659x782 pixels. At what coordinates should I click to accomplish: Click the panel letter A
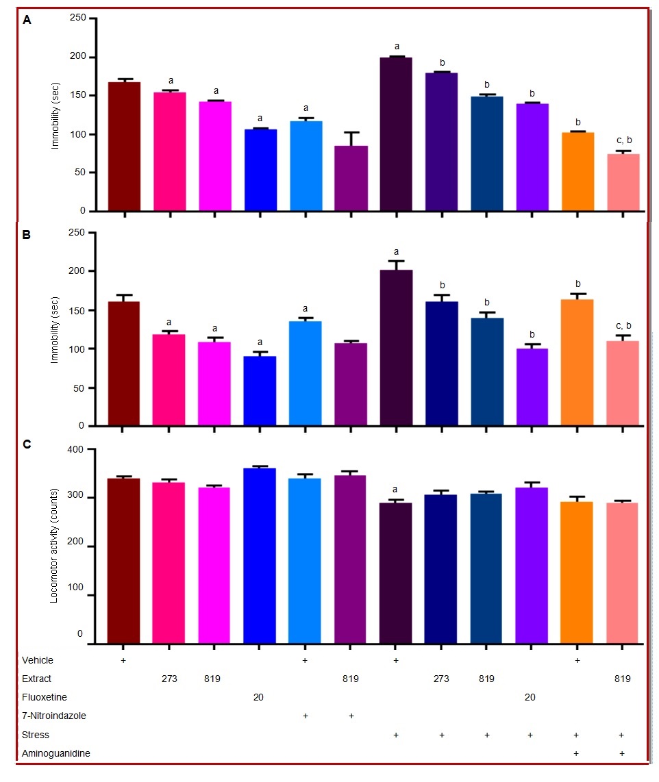[x=27, y=20]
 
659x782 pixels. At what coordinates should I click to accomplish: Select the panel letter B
[x=27, y=234]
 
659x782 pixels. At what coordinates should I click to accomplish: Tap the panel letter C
[x=27, y=444]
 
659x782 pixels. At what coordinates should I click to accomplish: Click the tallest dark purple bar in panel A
[x=396, y=134]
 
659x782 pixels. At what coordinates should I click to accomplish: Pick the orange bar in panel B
[x=577, y=362]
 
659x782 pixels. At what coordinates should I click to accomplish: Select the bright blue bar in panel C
[x=260, y=555]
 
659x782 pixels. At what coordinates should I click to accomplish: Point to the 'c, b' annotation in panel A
[x=623, y=140]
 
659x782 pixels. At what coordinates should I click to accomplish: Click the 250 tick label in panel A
[x=77, y=18]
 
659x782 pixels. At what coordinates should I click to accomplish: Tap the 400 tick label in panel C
[x=74, y=450]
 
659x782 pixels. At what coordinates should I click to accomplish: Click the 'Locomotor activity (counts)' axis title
[x=55, y=545]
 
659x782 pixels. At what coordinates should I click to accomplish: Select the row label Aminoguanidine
[x=47, y=753]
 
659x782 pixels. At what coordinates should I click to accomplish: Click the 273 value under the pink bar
[x=169, y=679]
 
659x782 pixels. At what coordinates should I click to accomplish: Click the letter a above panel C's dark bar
[x=395, y=490]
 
